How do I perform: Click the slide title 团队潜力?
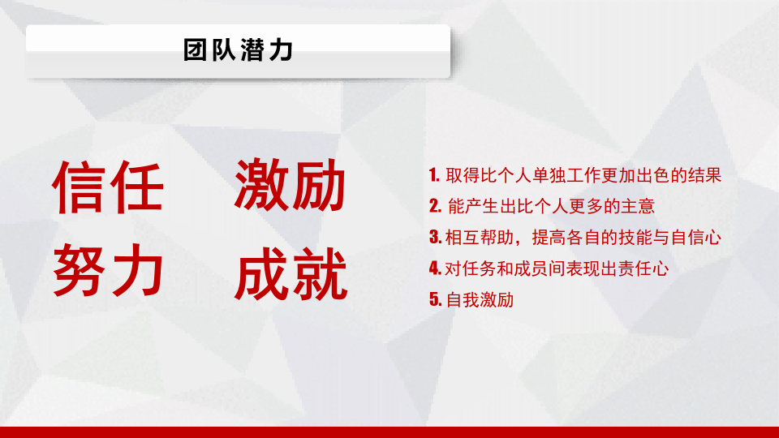(238, 49)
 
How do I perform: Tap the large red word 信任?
(108, 187)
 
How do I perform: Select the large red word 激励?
(290, 185)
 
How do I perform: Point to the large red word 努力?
(108, 270)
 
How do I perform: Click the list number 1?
(434, 175)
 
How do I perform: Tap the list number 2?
(435, 205)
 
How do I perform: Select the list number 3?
(435, 237)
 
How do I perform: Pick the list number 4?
(435, 268)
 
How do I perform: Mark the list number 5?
(435, 299)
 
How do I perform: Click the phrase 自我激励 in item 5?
(480, 299)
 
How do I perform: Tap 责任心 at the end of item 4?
(643, 268)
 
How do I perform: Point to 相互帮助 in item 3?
(480, 238)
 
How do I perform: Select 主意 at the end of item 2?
(638, 206)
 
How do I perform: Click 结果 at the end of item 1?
(704, 175)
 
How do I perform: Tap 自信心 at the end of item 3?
(696, 238)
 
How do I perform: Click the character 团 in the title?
(195, 49)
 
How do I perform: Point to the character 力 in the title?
(282, 49)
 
